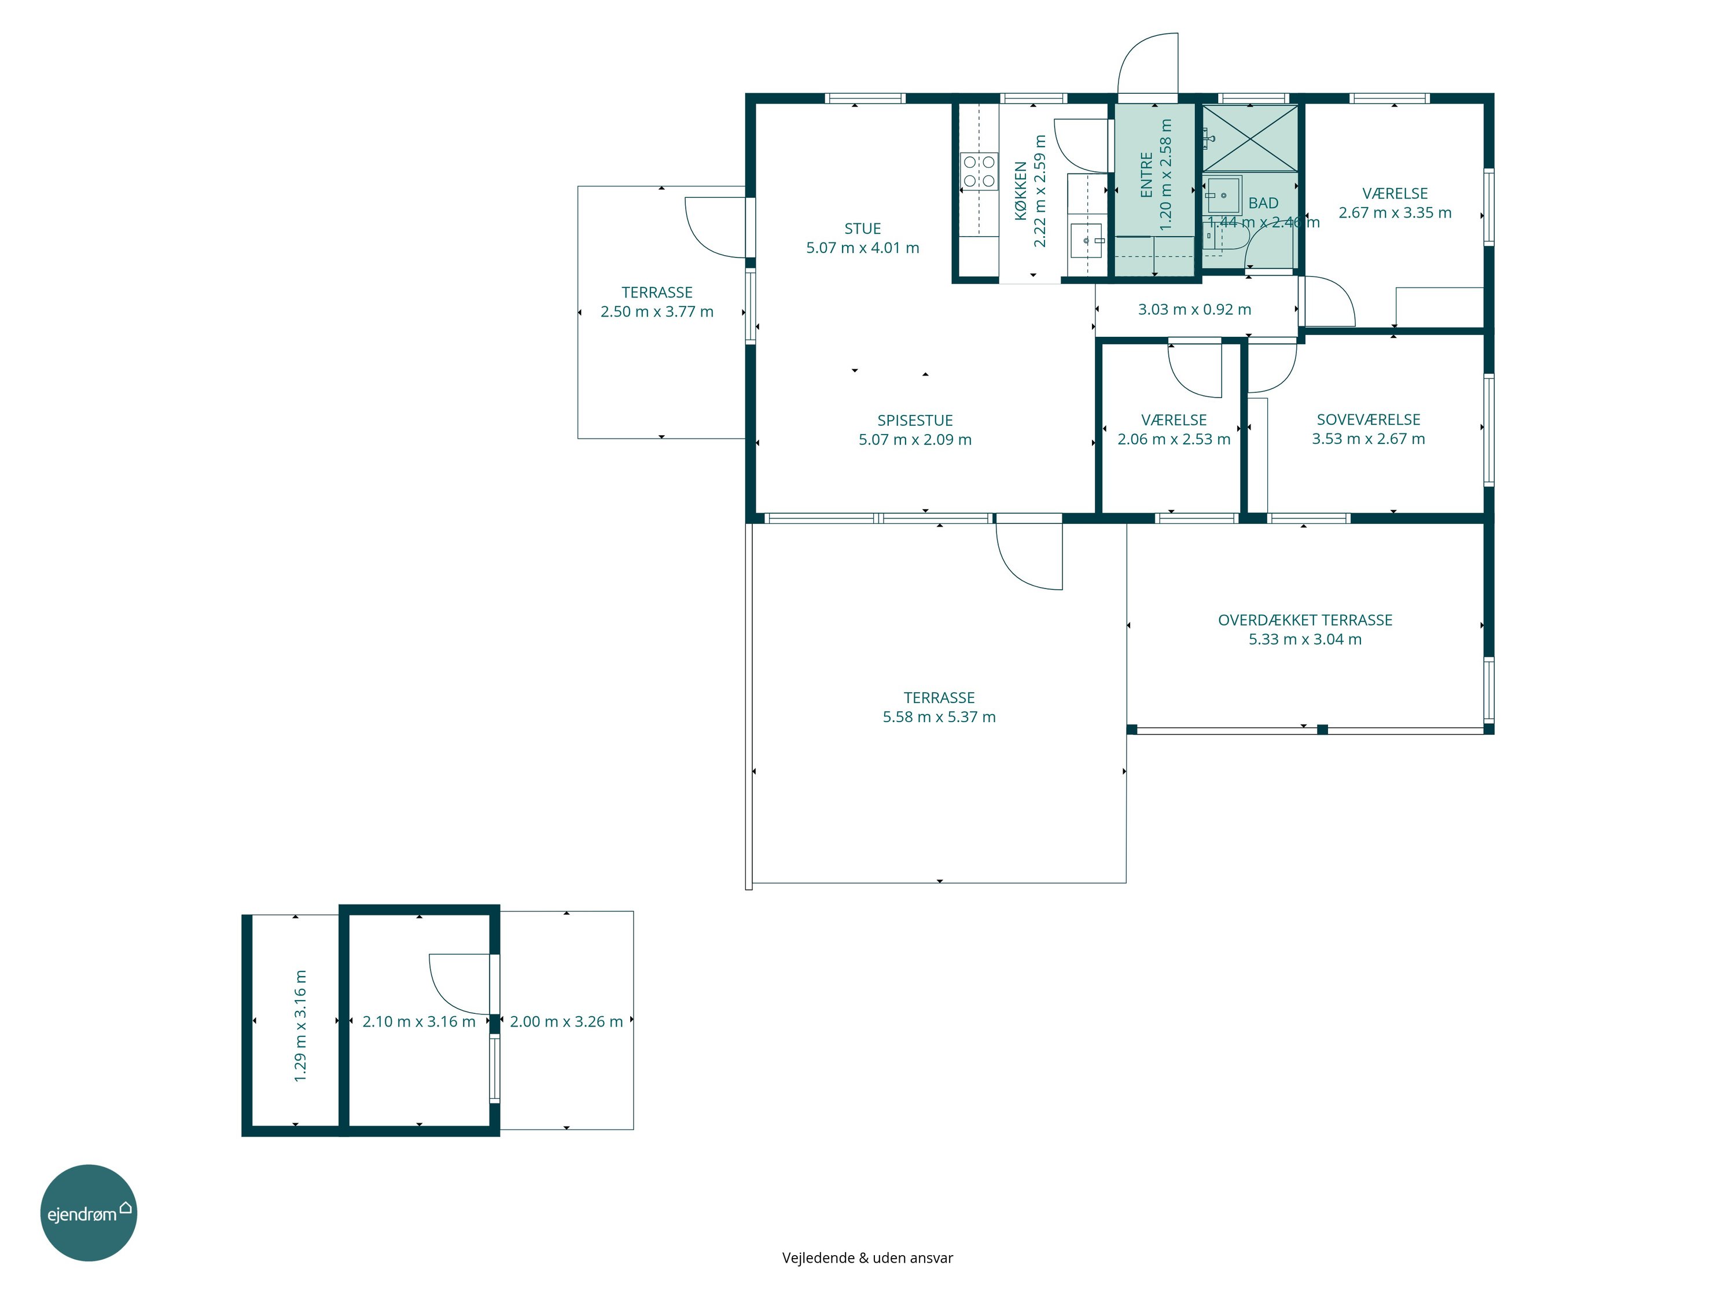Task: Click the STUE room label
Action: tap(863, 229)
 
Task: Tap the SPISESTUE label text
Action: tap(915, 421)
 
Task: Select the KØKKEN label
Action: tap(1020, 191)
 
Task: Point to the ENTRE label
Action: tap(1146, 175)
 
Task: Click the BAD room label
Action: tap(1264, 203)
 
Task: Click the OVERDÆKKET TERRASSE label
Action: tap(1305, 620)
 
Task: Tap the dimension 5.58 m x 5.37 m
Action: tap(939, 716)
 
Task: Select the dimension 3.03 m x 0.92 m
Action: tap(1194, 309)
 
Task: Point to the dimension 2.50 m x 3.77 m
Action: tap(657, 311)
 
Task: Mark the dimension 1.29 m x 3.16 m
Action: tap(300, 1027)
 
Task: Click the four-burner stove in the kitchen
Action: tap(979, 172)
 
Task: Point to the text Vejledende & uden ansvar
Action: tap(867, 1258)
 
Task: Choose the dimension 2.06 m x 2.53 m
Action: tap(1174, 439)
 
